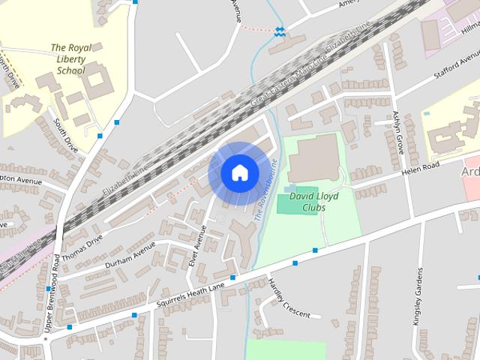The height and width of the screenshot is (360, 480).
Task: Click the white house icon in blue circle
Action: click(238, 172)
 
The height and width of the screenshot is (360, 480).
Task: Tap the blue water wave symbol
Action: click(279, 31)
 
